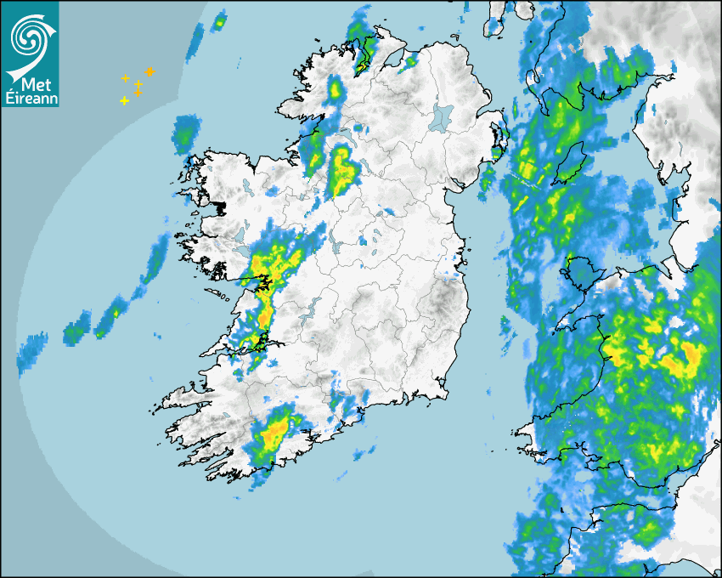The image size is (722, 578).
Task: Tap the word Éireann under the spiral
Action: pyautogui.click(x=31, y=99)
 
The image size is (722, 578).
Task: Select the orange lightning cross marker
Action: pyautogui.click(x=149, y=71)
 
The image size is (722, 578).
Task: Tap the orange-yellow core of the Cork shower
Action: pyautogui.click(x=273, y=437)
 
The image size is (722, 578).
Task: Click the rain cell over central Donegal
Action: pyautogui.click(x=336, y=88)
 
